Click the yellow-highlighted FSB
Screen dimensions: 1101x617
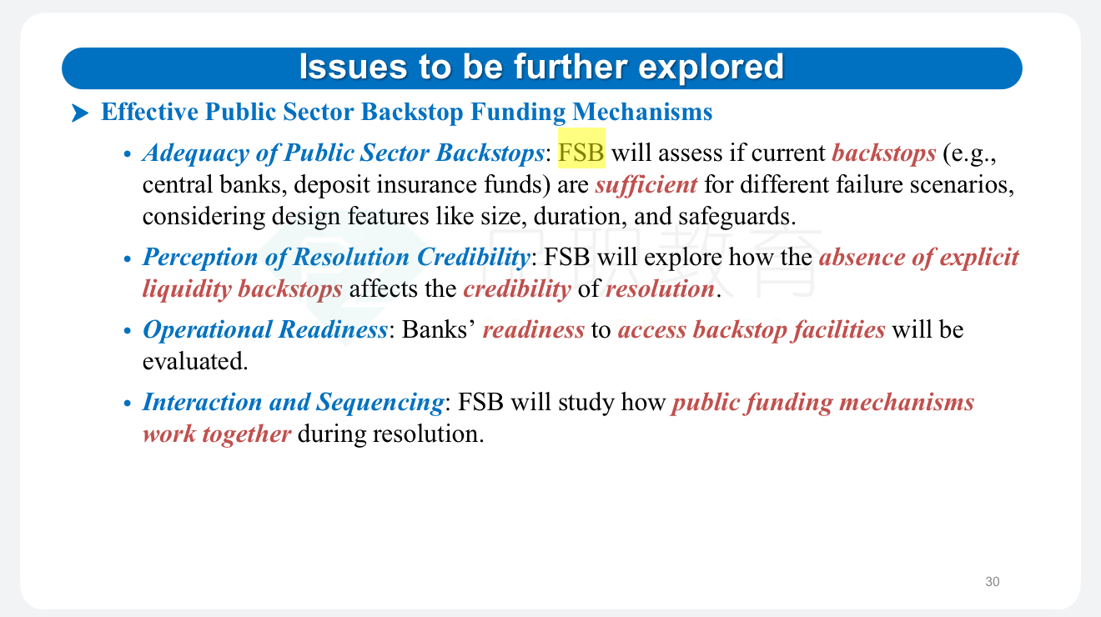[581, 153]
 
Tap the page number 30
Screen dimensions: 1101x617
[993, 582]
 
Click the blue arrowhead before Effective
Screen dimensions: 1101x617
[80, 113]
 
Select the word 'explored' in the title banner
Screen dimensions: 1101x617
[711, 68]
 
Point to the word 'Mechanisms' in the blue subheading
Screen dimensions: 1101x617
[642, 112]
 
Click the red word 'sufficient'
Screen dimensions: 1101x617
[646, 185]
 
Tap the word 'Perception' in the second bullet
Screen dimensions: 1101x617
[200, 257]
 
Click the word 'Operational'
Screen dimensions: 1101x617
[207, 330]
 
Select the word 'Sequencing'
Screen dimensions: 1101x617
[380, 403]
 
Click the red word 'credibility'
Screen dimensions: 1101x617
[517, 288]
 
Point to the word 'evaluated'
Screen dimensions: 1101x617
[195, 361]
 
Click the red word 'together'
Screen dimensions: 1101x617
[246, 434]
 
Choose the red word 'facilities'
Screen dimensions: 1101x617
[839, 329]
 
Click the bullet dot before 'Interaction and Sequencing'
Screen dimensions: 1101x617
[128, 404]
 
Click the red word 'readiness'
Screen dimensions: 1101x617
[533, 329]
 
